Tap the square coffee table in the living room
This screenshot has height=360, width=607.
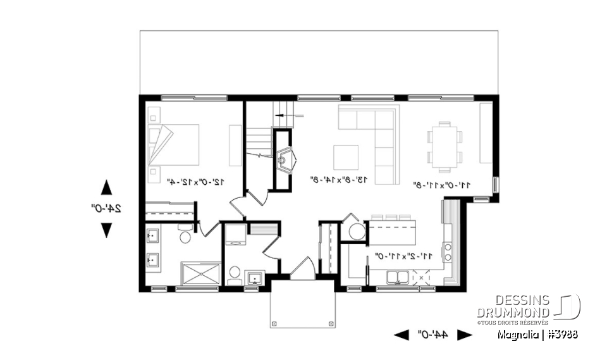tap(346, 158)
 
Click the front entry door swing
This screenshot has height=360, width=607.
tap(302, 268)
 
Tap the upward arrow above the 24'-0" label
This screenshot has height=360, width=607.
tap(106, 187)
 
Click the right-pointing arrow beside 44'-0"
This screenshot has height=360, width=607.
tap(465, 335)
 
